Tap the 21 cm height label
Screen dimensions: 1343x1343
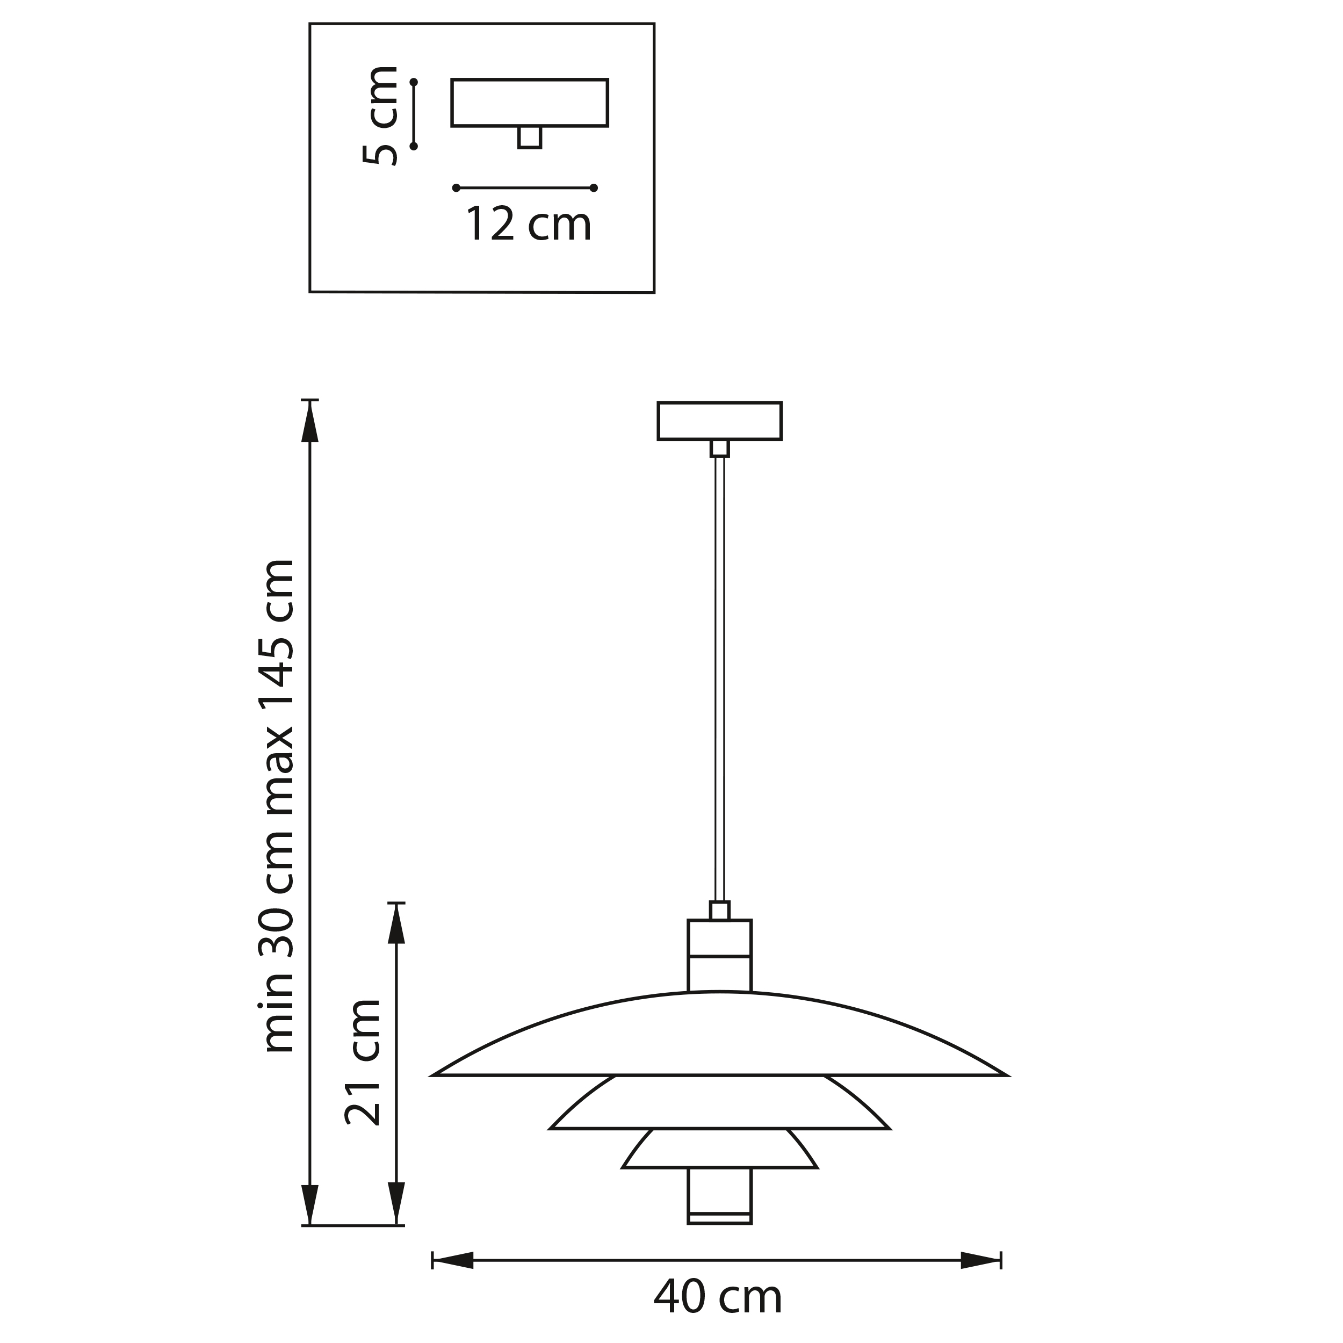[x=363, y=1063]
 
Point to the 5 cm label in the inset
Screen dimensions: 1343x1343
[x=381, y=115]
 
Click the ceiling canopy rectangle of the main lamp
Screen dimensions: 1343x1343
[x=719, y=421]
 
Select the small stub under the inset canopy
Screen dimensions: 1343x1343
[x=530, y=137]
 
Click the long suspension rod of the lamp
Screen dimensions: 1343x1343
[x=719, y=679]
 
